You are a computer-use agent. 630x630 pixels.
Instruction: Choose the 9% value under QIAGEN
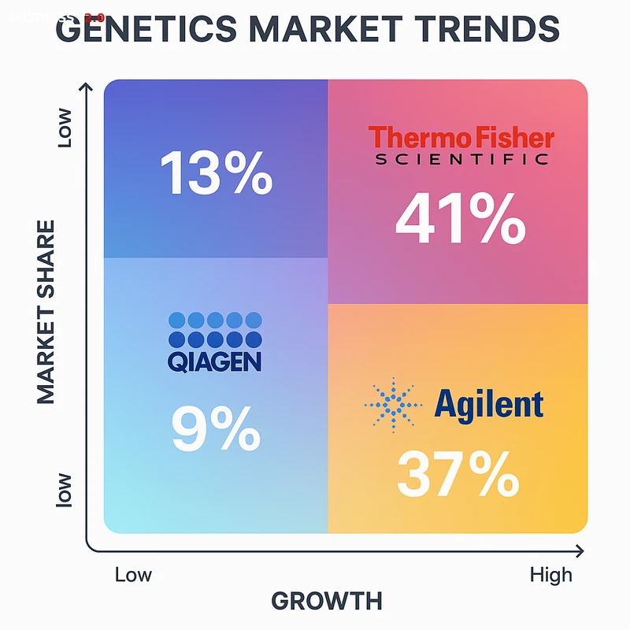[216, 428]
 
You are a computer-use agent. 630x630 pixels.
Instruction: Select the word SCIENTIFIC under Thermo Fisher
[461, 159]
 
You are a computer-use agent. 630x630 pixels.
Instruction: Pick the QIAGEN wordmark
[214, 361]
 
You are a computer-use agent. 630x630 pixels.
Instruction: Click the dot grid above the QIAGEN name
[214, 329]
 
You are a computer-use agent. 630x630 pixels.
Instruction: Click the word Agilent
[489, 404]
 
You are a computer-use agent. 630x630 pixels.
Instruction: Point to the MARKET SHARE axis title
[47, 313]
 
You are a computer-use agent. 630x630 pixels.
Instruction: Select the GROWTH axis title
[327, 601]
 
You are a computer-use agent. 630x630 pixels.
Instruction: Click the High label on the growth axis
[551, 575]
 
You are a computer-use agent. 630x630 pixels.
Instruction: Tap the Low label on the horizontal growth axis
[134, 574]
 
